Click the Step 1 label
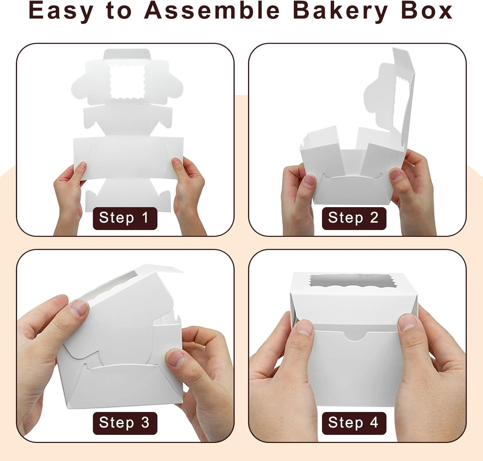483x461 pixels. [x=125, y=218]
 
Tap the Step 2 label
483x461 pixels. [x=354, y=218]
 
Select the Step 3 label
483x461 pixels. [x=125, y=423]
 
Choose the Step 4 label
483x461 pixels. [x=354, y=423]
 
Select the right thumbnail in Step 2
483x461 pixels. [x=395, y=174]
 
